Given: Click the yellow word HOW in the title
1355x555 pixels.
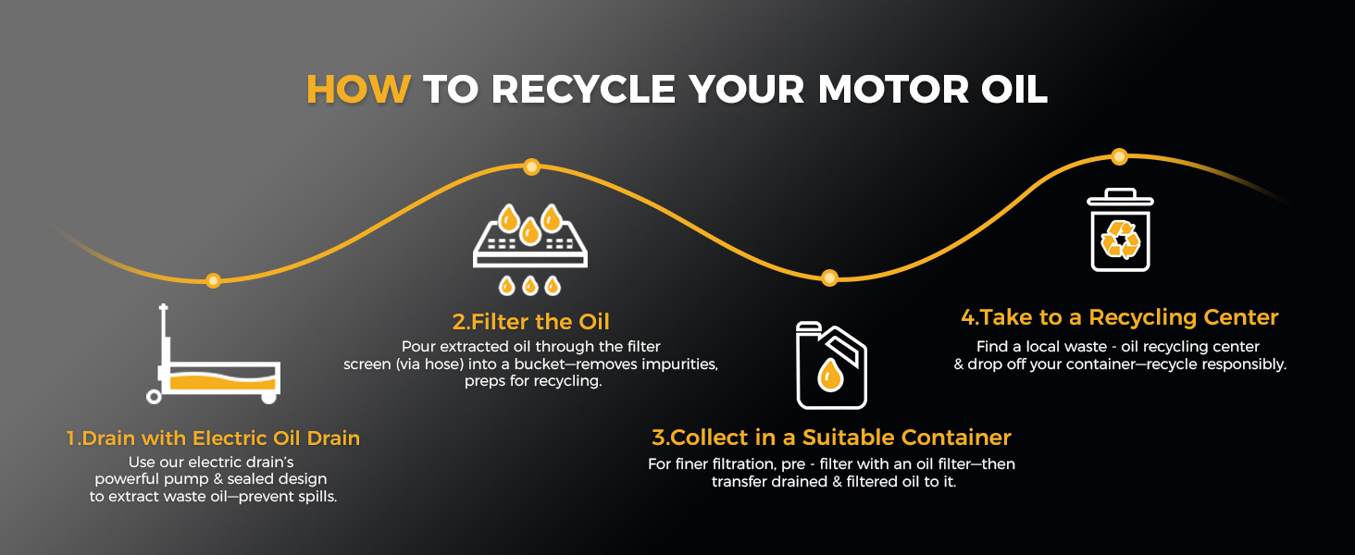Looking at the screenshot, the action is pos(359,90).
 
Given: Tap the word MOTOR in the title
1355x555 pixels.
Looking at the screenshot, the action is pos(893,90).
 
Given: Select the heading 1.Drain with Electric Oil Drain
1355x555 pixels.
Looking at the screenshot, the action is pos(213,438).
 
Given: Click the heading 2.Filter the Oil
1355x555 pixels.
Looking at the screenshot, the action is pos(531,322).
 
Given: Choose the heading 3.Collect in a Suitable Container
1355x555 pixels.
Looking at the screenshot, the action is pos(832,438).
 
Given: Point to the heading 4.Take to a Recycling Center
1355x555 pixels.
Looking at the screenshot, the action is pos(1120,316).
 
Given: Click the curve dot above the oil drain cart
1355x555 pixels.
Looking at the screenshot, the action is pos(213,280).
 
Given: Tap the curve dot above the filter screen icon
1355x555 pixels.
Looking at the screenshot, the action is pos(531,166).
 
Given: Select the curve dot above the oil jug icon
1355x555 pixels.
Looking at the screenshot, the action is pos(830,278).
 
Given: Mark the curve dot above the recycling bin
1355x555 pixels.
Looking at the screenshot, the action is pos(1120,156).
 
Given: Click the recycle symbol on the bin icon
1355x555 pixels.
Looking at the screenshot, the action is pos(1120,240).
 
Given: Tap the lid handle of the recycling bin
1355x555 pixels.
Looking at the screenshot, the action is pos(1120,192).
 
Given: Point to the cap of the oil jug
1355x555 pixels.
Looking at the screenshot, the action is pos(808,327).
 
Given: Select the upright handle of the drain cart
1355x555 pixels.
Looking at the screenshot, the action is pos(163,336).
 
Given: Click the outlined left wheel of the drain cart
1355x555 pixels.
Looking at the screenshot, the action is pos(154,397).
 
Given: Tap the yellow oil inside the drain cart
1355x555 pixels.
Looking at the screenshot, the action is pos(223,382).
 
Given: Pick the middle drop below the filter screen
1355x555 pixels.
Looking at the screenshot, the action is pos(530,285).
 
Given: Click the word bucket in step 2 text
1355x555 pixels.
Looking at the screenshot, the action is pos(539,364).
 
